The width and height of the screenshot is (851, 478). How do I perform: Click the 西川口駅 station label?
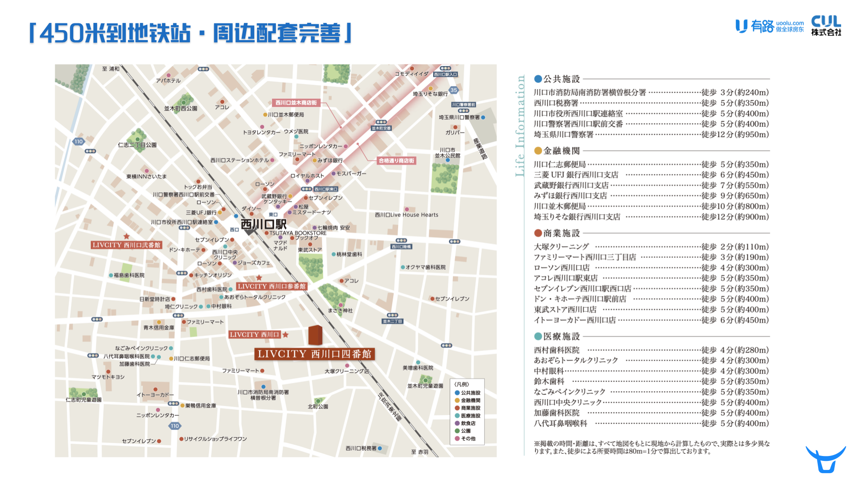coord(264,224)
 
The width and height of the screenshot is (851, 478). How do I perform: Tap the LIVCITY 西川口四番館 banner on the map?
coord(315,354)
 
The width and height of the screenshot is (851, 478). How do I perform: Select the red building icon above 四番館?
coord(315,335)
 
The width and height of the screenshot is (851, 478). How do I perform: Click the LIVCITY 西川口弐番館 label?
coord(126,245)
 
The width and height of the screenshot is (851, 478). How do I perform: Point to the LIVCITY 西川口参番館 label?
coord(271,286)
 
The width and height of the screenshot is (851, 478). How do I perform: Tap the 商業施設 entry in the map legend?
coord(470,408)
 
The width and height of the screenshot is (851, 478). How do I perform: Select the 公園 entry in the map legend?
coord(465,431)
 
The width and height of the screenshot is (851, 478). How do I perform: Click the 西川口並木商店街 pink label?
coord(296,103)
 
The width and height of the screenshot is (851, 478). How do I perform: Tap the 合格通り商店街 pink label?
coord(396,160)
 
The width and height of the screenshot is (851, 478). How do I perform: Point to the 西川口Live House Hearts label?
coord(407,215)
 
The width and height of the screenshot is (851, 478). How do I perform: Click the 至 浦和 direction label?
coord(111,69)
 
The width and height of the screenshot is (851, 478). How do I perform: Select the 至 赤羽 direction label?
coord(420,452)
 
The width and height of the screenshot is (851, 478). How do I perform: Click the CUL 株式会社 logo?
coord(826,26)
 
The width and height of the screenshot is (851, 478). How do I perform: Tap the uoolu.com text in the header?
coord(789,23)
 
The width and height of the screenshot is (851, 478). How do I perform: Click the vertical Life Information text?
coord(520,126)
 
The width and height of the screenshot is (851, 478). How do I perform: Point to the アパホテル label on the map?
coord(168,81)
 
